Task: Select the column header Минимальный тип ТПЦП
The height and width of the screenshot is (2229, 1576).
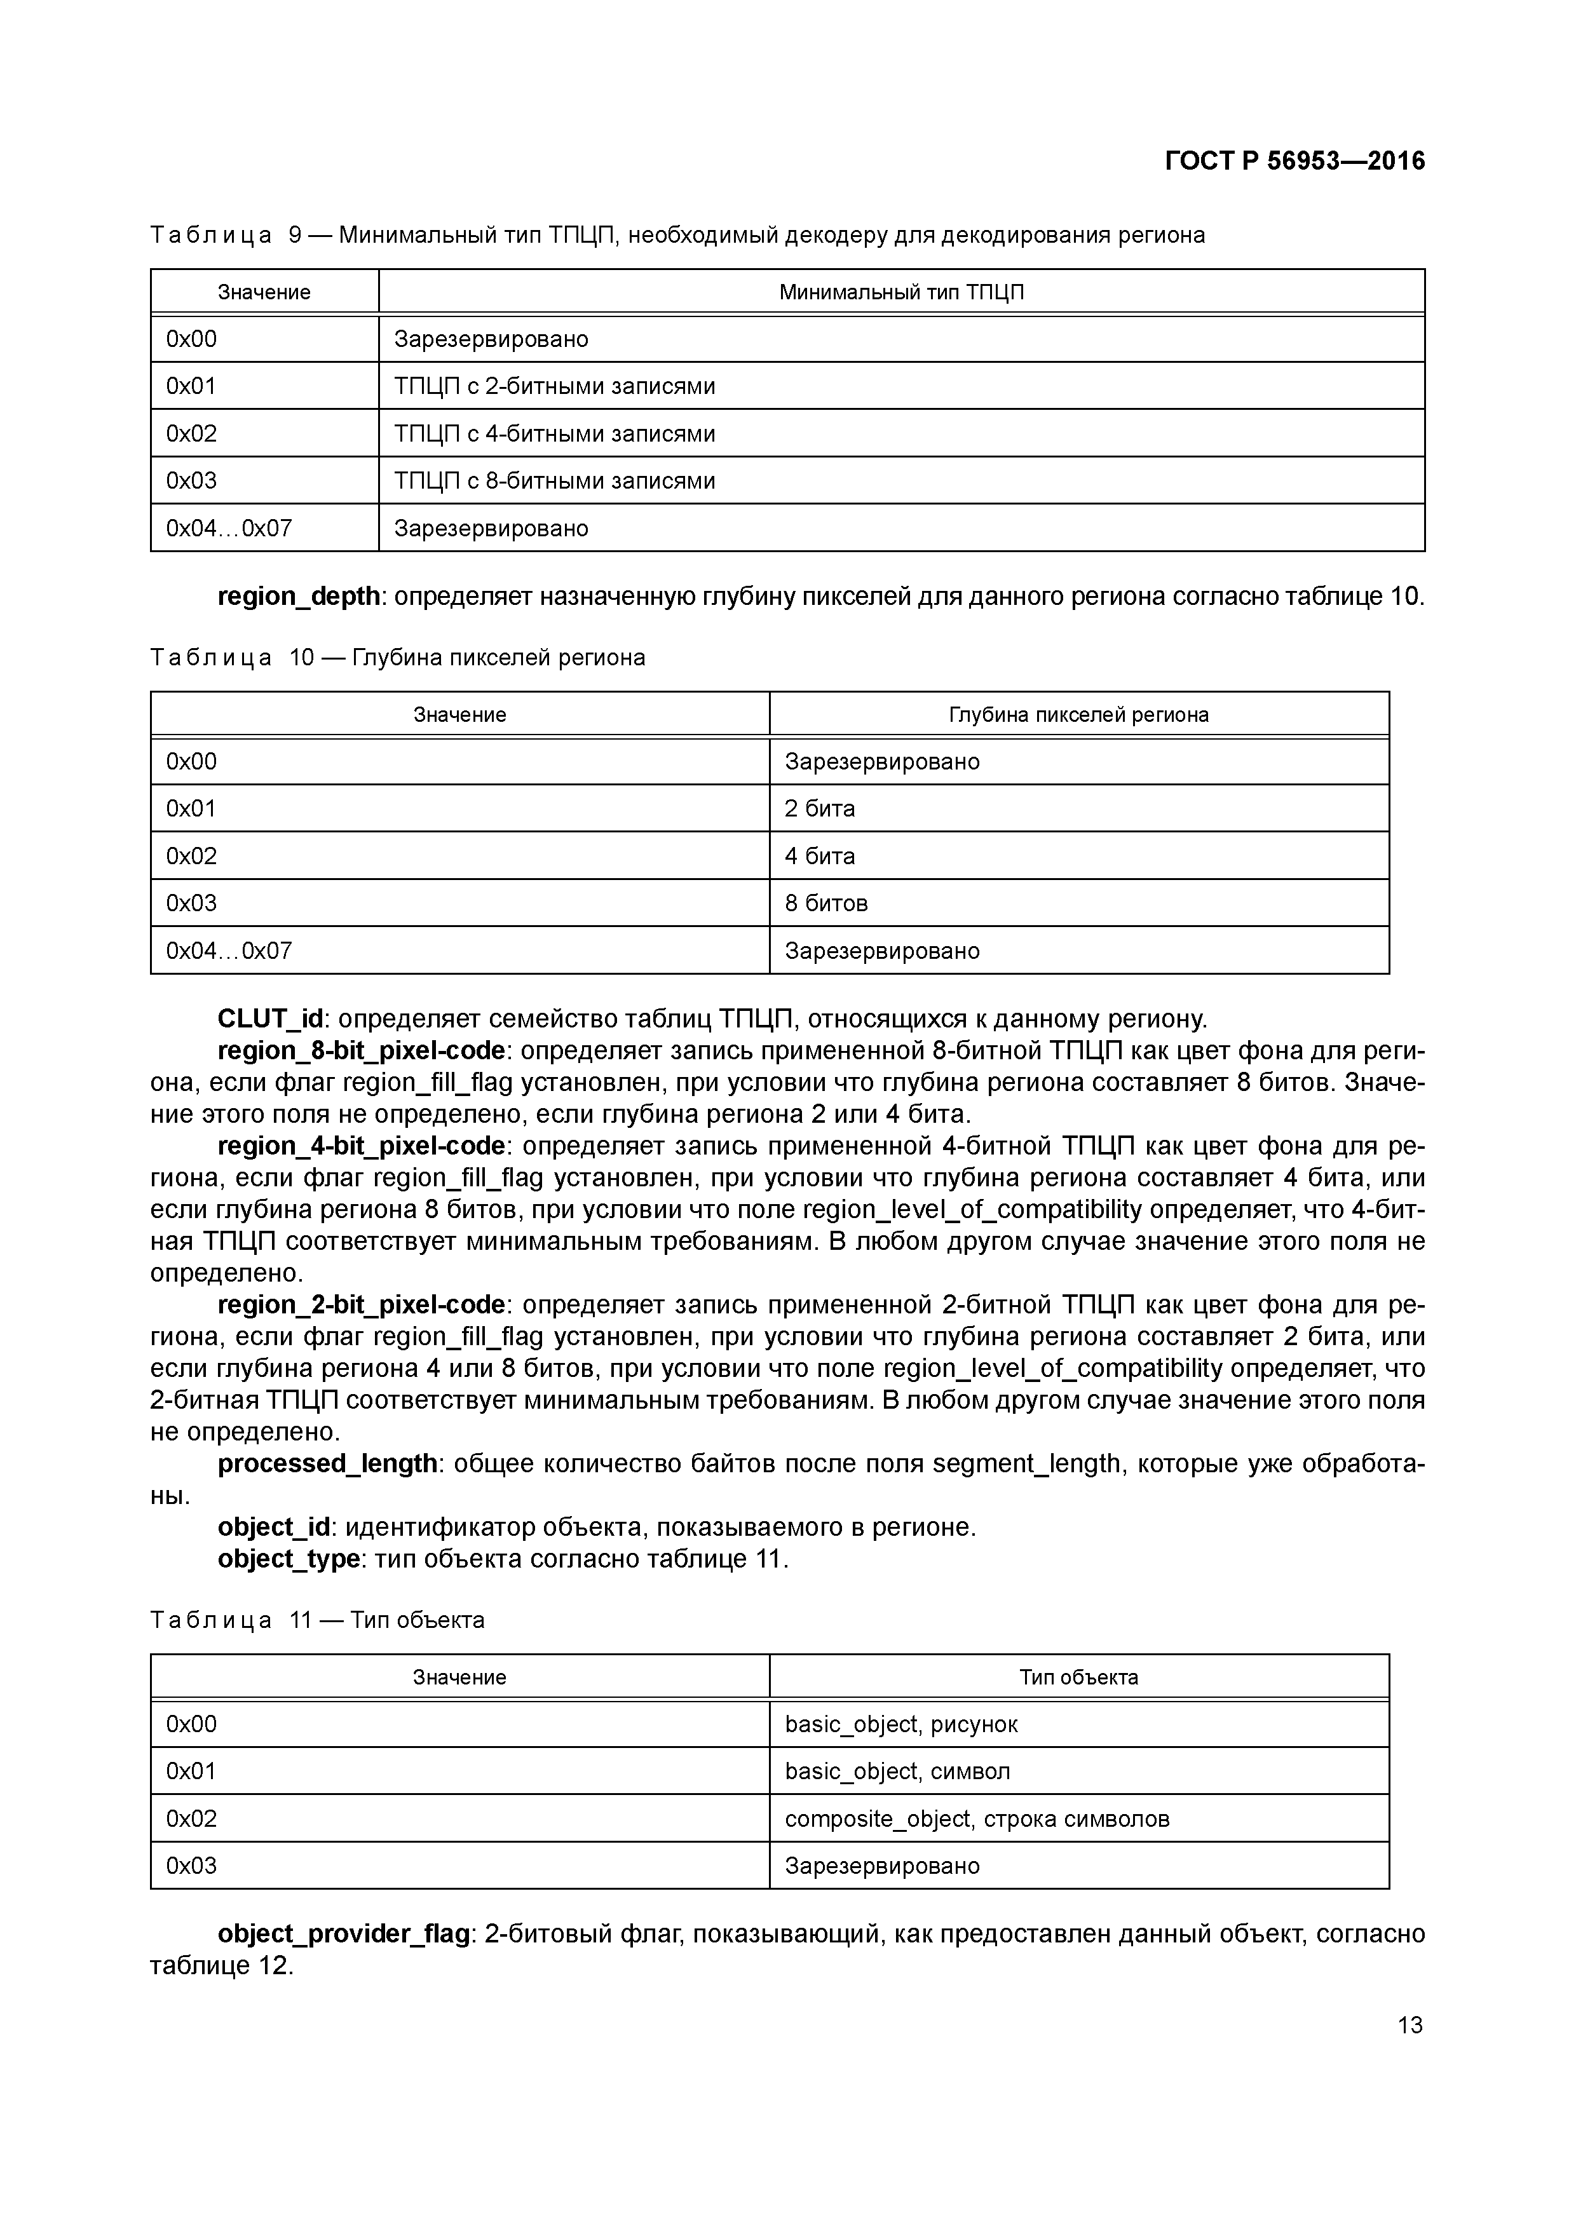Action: tap(901, 292)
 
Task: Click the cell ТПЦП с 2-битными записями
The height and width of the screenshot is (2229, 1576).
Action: tap(555, 386)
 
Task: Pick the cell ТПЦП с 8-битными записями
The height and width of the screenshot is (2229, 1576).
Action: tap(555, 480)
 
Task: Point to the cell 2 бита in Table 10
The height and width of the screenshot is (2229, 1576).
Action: tap(820, 809)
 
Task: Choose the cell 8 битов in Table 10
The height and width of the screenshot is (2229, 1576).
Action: tap(825, 903)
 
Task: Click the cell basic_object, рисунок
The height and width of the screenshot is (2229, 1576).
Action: tap(901, 1724)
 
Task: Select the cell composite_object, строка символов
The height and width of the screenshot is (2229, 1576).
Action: tap(977, 1819)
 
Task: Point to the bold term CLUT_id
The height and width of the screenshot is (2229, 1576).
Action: tap(270, 1019)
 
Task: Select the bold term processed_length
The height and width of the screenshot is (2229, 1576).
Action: tap(328, 1463)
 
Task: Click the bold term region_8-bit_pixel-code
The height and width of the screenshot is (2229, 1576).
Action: tap(361, 1050)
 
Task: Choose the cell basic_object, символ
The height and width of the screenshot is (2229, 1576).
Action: tap(897, 1771)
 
